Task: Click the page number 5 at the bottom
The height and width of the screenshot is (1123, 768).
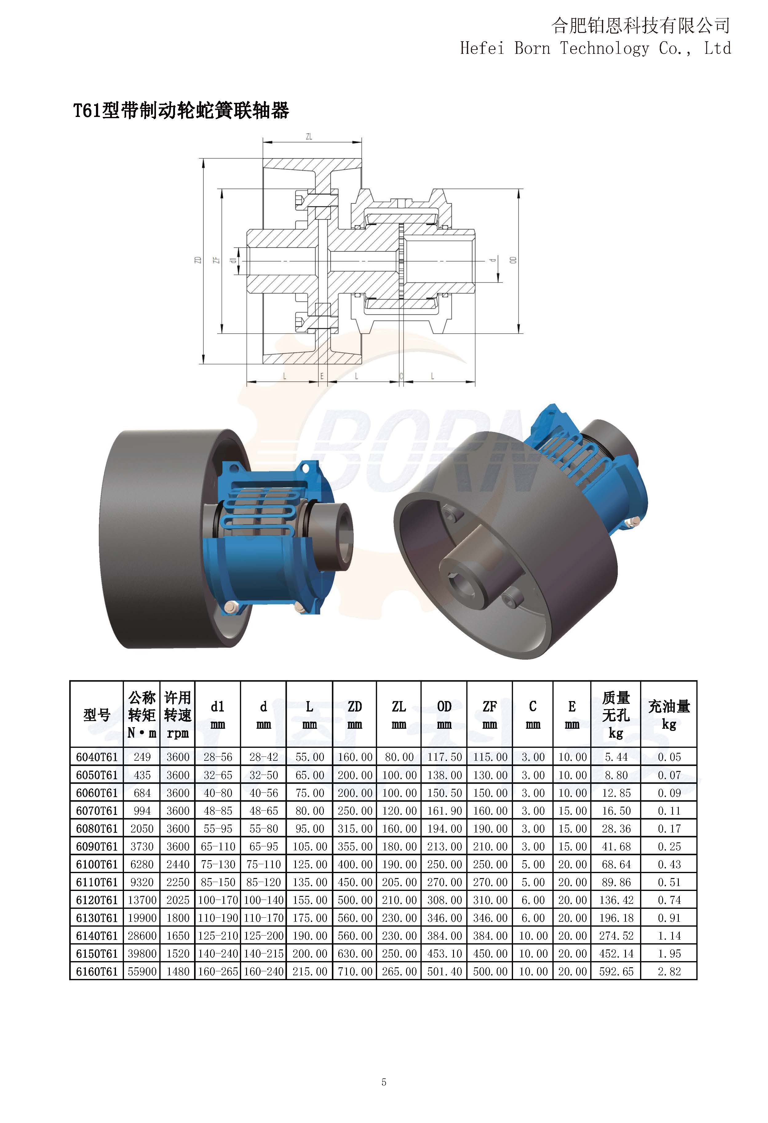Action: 384,1082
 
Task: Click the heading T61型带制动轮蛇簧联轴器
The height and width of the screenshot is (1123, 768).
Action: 181,111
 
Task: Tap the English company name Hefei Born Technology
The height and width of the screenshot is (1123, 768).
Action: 555,48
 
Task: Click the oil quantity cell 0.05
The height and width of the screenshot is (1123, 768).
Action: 669,757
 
